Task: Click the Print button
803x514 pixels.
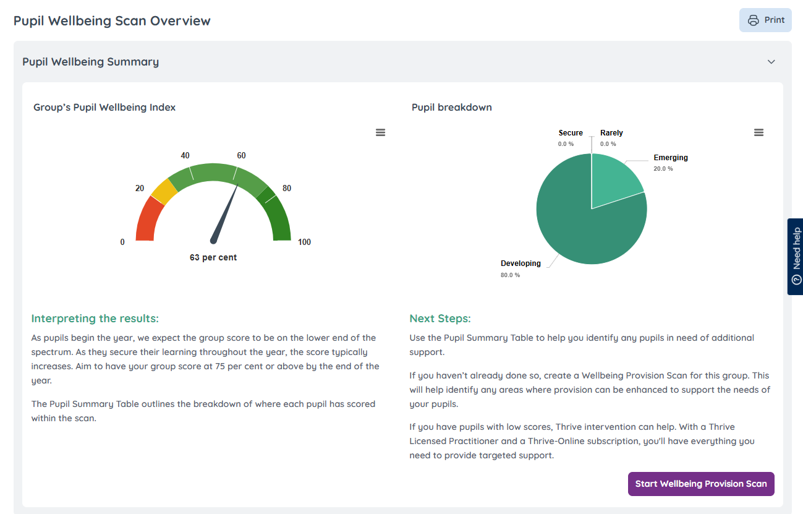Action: (x=765, y=20)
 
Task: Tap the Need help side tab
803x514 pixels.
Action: (x=796, y=256)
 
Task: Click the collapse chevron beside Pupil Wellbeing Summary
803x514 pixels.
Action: (x=771, y=62)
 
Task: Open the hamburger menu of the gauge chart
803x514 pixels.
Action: (x=381, y=132)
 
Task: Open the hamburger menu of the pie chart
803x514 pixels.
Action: (x=758, y=132)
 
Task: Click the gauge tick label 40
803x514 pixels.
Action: (x=185, y=155)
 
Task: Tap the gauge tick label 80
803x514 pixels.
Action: (x=286, y=188)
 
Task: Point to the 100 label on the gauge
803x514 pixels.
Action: (x=304, y=242)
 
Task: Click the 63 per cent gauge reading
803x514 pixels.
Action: (x=213, y=257)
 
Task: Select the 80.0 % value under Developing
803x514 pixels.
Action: (x=510, y=275)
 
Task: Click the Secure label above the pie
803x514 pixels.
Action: (x=571, y=133)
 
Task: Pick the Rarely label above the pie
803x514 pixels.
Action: (x=611, y=133)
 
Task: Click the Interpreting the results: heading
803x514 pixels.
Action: (x=95, y=319)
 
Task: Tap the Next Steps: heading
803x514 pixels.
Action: (x=440, y=319)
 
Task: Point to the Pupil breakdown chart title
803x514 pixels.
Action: (x=452, y=107)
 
